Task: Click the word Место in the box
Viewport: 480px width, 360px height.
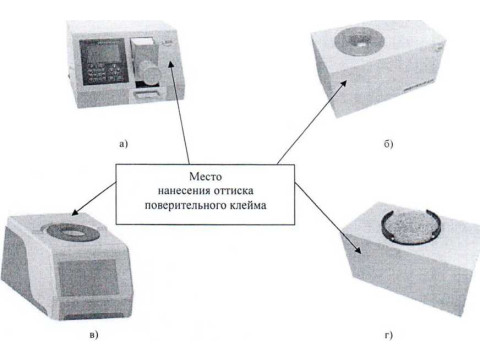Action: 205,176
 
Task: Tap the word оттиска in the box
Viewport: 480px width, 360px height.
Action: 233,191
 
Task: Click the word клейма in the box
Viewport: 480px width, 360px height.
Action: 248,205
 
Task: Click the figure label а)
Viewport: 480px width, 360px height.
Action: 123,144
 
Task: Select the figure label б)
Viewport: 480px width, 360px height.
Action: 388,144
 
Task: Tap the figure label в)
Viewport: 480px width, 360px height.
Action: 94,334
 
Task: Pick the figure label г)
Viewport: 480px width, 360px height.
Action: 389,335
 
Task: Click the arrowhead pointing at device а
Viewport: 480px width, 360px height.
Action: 171,65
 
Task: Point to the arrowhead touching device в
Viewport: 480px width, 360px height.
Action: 76,212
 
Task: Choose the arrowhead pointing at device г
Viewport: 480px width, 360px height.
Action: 357,250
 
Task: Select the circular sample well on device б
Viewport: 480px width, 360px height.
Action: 359,42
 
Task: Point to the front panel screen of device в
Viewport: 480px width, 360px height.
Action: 87,278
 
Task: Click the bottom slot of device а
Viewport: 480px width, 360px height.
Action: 146,96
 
